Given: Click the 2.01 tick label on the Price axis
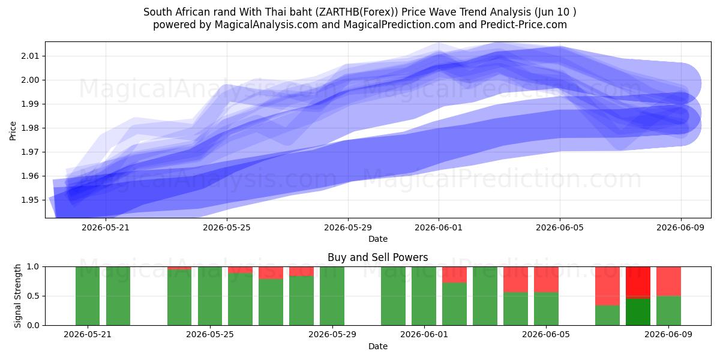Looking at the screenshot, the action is [x=30, y=56].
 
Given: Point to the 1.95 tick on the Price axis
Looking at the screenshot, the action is [x=30, y=200].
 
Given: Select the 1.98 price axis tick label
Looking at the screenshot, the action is [x=30, y=128].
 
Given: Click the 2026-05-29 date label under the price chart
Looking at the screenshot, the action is [x=348, y=228].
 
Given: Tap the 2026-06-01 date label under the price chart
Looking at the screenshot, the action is [x=439, y=228].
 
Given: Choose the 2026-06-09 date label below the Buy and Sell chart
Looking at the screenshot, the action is [x=668, y=335].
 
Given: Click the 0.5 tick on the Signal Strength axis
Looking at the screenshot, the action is [x=34, y=296].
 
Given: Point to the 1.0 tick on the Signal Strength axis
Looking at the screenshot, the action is [x=34, y=267].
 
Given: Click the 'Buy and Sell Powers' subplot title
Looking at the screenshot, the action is [x=377, y=257].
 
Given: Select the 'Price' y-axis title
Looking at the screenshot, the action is [x=13, y=131].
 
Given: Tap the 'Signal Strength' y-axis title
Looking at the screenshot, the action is [x=17, y=296].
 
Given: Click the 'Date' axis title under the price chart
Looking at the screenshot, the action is [x=378, y=239].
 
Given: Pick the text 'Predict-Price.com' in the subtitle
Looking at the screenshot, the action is [x=524, y=25].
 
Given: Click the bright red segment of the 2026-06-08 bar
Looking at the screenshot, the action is [x=638, y=283].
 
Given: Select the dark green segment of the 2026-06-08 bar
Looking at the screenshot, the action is [x=638, y=312].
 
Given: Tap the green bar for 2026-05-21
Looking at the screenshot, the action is [x=88, y=296].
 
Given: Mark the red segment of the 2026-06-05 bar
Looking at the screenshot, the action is [x=547, y=280].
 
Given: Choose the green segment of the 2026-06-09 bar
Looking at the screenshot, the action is [x=668, y=311].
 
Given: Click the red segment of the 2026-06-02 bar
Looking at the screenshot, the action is [x=455, y=275].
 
